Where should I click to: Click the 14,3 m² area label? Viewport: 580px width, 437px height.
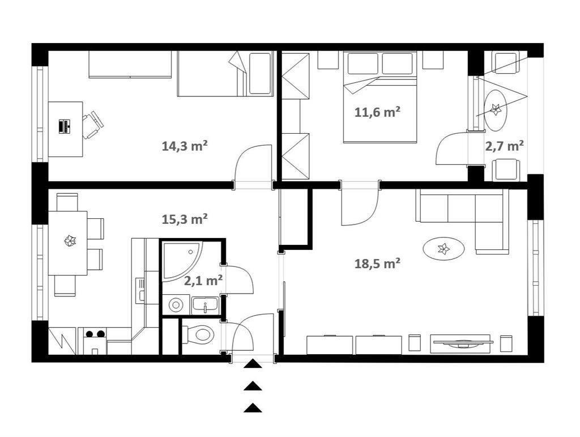tap(184, 146)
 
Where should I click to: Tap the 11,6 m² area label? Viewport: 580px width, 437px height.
tap(377, 112)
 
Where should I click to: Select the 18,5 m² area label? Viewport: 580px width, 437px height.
tap(377, 264)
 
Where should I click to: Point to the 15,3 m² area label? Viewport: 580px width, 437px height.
tap(184, 219)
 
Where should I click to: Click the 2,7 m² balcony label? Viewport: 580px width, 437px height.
tap(504, 146)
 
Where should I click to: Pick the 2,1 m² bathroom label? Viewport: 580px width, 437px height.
tap(203, 281)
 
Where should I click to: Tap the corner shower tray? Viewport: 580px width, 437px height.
tap(182, 261)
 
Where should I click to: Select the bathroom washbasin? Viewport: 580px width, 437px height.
tap(204, 306)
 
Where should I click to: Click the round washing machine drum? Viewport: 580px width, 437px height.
tap(176, 306)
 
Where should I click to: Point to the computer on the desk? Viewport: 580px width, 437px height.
tap(65, 126)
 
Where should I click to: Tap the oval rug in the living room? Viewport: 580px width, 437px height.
tap(443, 248)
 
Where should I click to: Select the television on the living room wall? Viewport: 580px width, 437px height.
tap(462, 343)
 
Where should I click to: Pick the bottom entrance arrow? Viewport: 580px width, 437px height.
tap(253, 408)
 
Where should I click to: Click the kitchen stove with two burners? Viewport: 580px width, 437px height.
tap(95, 341)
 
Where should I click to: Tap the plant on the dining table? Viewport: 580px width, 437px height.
tap(70, 241)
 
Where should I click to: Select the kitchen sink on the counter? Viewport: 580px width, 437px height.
tap(140, 290)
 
